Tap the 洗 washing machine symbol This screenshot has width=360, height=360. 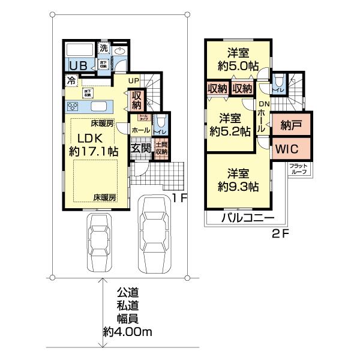click(x=103, y=48)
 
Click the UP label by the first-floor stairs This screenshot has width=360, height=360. click(x=133, y=80)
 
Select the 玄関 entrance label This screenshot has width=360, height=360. click(x=140, y=147)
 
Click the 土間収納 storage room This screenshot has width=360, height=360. click(x=161, y=148)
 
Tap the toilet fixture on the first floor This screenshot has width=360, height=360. click(x=160, y=125)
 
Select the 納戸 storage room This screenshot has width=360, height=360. click(x=291, y=126)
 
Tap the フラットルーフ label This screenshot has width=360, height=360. click(x=298, y=168)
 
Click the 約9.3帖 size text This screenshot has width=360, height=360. click(x=239, y=187)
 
